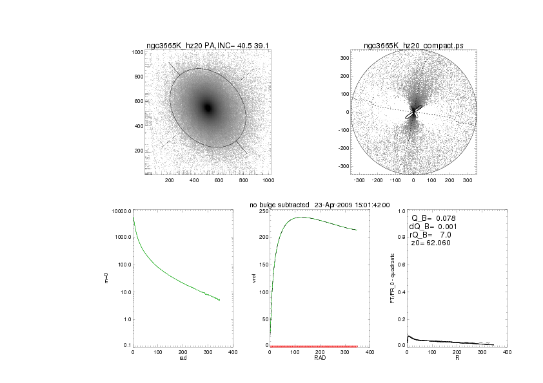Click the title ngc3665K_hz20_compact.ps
tap(413, 46)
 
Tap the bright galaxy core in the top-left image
tap(208, 107)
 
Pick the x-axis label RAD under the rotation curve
tap(319, 358)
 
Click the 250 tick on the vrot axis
tap(262, 211)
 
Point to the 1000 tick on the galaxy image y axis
tap(137, 52)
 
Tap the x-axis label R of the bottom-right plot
tap(457, 358)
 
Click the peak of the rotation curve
tap(302, 217)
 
